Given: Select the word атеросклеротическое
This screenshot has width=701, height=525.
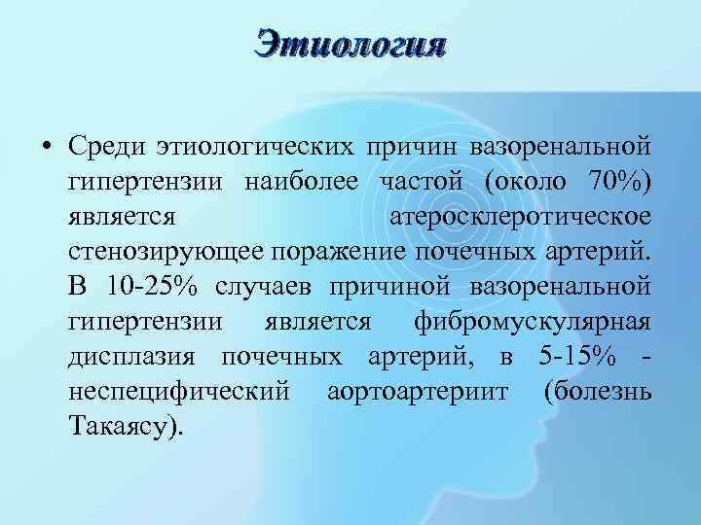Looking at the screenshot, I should pos(519,217).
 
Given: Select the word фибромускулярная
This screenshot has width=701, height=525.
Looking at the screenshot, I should pos(532,322).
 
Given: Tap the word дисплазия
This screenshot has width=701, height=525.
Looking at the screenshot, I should pos(135,357).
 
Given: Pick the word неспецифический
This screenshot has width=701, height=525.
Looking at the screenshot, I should pos(179,392).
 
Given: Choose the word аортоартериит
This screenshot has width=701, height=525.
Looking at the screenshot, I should pos(417,392).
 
